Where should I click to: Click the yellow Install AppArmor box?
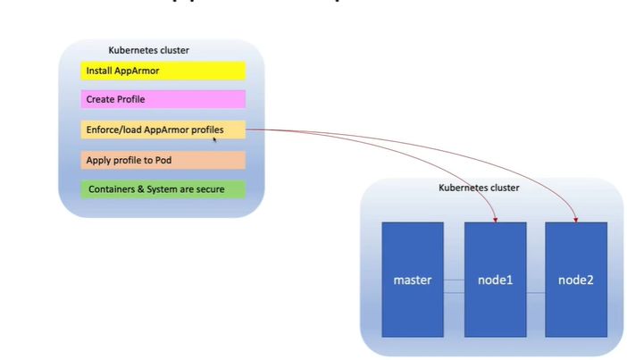[163, 71]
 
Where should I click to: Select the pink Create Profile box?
[163, 99]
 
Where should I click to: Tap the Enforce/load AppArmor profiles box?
[163, 130]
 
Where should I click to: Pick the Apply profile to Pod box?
[163, 161]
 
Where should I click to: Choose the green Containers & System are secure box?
[163, 189]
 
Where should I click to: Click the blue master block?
[413, 280]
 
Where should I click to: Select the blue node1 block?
[495, 280]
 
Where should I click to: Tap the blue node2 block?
[576, 280]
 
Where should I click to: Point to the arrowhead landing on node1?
[495, 217]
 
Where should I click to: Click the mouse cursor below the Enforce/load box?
[215, 140]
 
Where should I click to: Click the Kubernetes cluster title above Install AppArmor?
[148, 50]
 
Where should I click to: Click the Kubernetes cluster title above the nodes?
[479, 188]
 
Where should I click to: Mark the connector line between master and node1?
[454, 280]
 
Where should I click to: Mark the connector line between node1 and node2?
[535, 292]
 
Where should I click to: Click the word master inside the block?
[413, 280]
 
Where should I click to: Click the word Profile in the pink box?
[129, 99]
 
